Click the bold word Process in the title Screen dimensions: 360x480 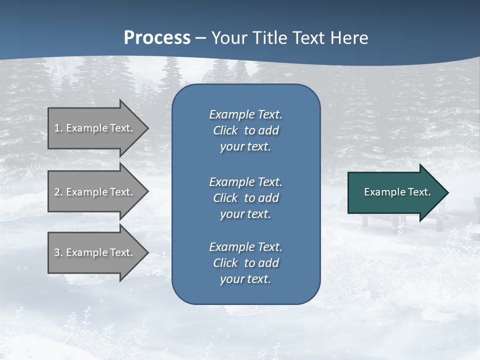pos(157,38)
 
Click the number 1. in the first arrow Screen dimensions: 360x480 pos(58,128)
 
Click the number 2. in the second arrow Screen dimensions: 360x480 pos(58,192)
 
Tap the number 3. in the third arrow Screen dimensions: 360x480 pos(58,252)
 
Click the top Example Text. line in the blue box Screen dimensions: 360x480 pos(245,114)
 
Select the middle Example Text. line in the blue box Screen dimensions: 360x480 pos(245,181)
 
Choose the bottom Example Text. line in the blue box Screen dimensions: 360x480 pos(245,247)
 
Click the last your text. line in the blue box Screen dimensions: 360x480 pos(245,279)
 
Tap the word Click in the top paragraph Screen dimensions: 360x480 pos(225,130)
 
